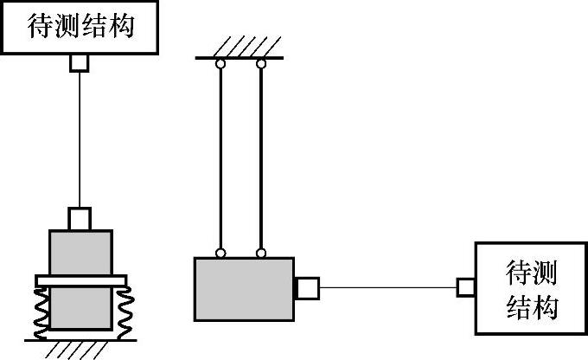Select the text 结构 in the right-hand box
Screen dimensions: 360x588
tap(531, 307)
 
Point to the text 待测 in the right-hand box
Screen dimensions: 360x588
tap(531, 274)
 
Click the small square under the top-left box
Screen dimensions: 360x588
tap(80, 61)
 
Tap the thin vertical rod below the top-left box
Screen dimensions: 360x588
tap(80, 138)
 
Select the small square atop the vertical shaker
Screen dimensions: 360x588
tap(80, 217)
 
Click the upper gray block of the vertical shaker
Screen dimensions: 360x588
tap(80, 252)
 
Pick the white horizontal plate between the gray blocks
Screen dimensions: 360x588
tap(81, 280)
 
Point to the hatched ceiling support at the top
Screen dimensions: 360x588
tap(241, 48)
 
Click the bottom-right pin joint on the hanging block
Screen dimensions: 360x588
tap(261, 254)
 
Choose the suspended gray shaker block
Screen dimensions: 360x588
tap(241, 289)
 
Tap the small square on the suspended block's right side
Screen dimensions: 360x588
tap(307, 287)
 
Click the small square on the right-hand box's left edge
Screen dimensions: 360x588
tap(465, 287)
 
